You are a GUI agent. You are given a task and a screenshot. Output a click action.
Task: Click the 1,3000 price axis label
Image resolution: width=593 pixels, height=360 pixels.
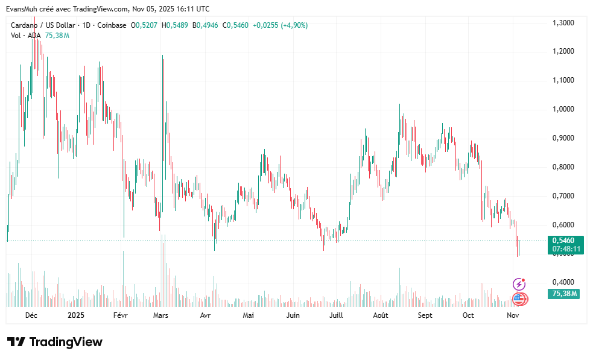coord(563,23)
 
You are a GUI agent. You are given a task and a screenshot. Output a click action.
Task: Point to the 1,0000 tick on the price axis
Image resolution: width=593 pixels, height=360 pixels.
coord(563,109)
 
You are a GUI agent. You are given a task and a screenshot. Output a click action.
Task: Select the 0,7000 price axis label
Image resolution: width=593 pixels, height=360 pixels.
coord(563,196)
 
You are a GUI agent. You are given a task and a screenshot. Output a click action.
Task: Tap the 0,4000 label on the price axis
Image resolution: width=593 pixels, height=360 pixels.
coord(563,282)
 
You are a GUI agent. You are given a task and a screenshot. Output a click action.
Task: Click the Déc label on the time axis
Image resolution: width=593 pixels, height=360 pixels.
coord(31,315)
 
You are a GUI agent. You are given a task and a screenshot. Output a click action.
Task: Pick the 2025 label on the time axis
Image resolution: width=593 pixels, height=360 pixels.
coord(75,315)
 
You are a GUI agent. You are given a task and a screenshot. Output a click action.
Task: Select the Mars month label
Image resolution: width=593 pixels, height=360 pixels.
coord(160,315)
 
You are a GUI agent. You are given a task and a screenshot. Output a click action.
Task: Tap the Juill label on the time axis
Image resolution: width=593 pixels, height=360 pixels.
coord(336,315)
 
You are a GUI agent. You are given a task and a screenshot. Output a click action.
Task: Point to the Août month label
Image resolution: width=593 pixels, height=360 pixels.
coord(381,315)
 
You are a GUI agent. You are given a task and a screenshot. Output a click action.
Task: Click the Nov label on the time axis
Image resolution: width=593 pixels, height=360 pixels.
coord(513,315)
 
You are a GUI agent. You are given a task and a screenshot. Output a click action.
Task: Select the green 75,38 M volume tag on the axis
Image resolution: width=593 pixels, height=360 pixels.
coord(563,294)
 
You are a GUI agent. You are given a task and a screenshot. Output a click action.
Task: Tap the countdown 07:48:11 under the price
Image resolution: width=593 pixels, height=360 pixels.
coord(566,249)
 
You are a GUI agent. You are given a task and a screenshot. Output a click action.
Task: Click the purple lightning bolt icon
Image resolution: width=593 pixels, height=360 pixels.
coord(519,284)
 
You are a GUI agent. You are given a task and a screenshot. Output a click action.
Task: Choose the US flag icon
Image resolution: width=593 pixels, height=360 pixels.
coord(520,299)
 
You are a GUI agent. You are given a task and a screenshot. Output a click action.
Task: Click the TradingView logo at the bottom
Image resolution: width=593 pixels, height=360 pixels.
coord(55,342)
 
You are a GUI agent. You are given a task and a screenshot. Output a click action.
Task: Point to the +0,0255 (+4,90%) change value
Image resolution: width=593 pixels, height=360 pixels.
coord(281,25)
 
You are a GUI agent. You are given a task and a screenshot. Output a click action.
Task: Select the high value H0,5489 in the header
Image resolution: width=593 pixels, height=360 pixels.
coord(175,25)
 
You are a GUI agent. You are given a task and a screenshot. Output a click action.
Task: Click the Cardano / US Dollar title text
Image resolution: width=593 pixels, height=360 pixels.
coord(43,25)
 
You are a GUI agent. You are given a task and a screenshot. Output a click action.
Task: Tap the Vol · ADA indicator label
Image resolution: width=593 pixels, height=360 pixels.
coord(25,36)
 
